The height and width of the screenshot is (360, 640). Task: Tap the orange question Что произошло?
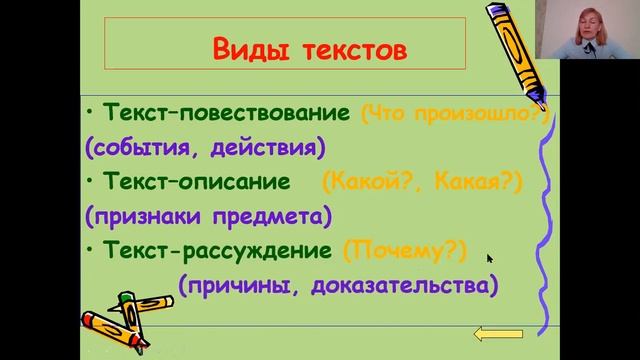pyautogui.click(x=456, y=113)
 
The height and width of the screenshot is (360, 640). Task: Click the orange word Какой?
pyautogui.click(x=366, y=182)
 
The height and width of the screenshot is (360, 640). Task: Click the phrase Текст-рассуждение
pyautogui.click(x=218, y=251)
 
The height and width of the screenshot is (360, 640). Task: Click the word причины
pyautogui.click(x=236, y=286)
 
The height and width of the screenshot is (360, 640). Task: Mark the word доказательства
pyautogui.click(x=402, y=286)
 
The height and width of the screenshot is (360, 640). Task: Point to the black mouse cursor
pyautogui.click(x=490, y=259)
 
